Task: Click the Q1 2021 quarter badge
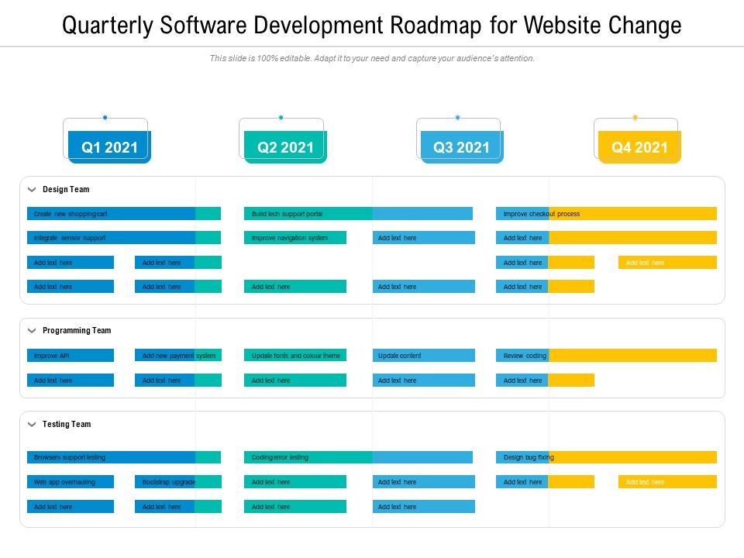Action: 109,147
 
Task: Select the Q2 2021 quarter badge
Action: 285,147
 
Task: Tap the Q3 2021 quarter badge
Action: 462,147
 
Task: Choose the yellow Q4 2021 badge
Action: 639,147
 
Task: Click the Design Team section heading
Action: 66,189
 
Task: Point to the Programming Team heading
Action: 77,330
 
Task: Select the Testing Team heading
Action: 67,424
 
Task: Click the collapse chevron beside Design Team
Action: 32,189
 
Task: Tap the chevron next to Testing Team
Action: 32,424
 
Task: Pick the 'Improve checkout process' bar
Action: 606,214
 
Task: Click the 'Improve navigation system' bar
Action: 295,238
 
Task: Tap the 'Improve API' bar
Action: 71,356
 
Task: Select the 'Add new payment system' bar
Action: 178,356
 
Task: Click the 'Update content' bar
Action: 423,356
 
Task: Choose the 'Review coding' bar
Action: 606,356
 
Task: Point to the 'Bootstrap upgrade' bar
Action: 178,482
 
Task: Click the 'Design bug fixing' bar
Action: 606,457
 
